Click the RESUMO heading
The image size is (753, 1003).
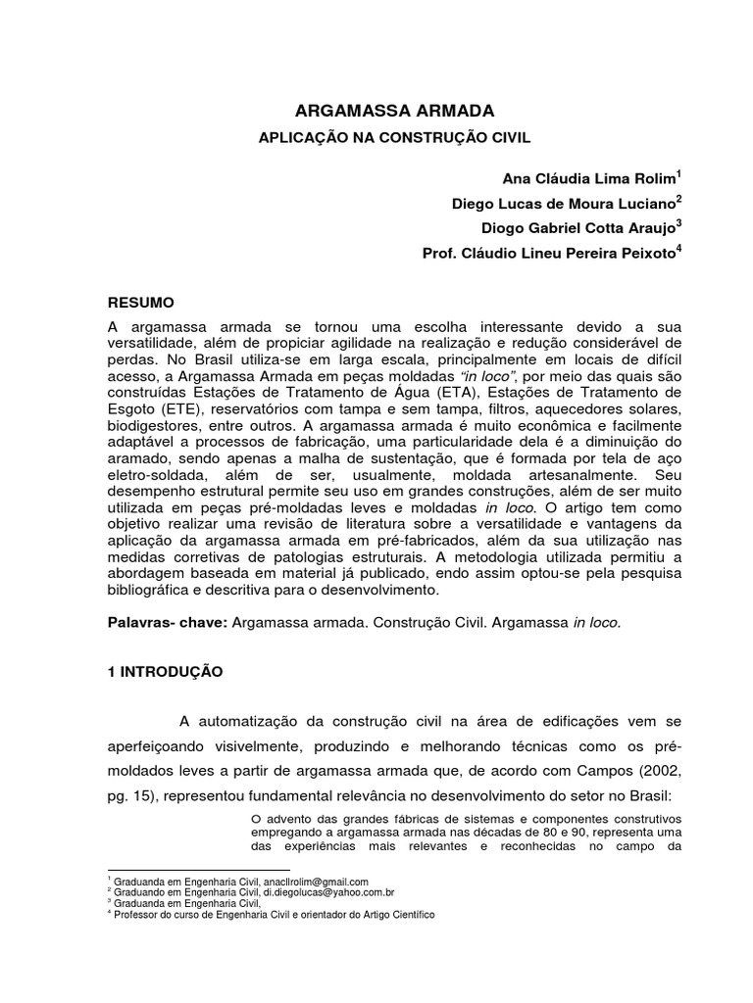141,304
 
